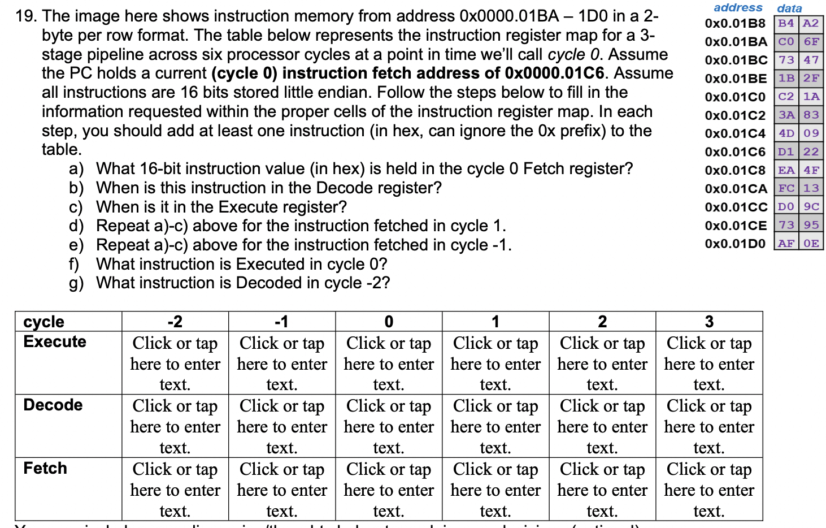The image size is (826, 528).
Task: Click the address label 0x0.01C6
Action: coord(735,152)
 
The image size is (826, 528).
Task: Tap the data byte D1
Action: coord(786,152)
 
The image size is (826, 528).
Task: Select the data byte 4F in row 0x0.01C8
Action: coord(811,170)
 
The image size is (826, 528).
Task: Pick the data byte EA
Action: coord(786,170)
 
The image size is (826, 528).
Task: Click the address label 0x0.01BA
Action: coord(736,42)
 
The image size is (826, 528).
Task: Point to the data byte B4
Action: coord(786,23)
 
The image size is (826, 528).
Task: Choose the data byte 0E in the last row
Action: coord(811,243)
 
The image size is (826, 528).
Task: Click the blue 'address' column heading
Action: coord(738,7)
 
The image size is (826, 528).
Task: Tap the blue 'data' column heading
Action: coord(789,8)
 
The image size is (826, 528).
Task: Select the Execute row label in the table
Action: coord(55,341)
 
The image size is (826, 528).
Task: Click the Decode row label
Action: coord(53,405)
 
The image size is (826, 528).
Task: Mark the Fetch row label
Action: coord(45,468)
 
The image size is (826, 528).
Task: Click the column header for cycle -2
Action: coord(175,322)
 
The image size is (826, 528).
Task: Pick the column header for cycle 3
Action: coord(709,322)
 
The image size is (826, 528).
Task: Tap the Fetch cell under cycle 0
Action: coord(389,490)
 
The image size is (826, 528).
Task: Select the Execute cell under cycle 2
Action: coord(602,363)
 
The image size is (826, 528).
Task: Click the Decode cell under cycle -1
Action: coord(282,426)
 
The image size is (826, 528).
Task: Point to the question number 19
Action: coord(26,16)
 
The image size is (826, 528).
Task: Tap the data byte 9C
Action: coord(811,206)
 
